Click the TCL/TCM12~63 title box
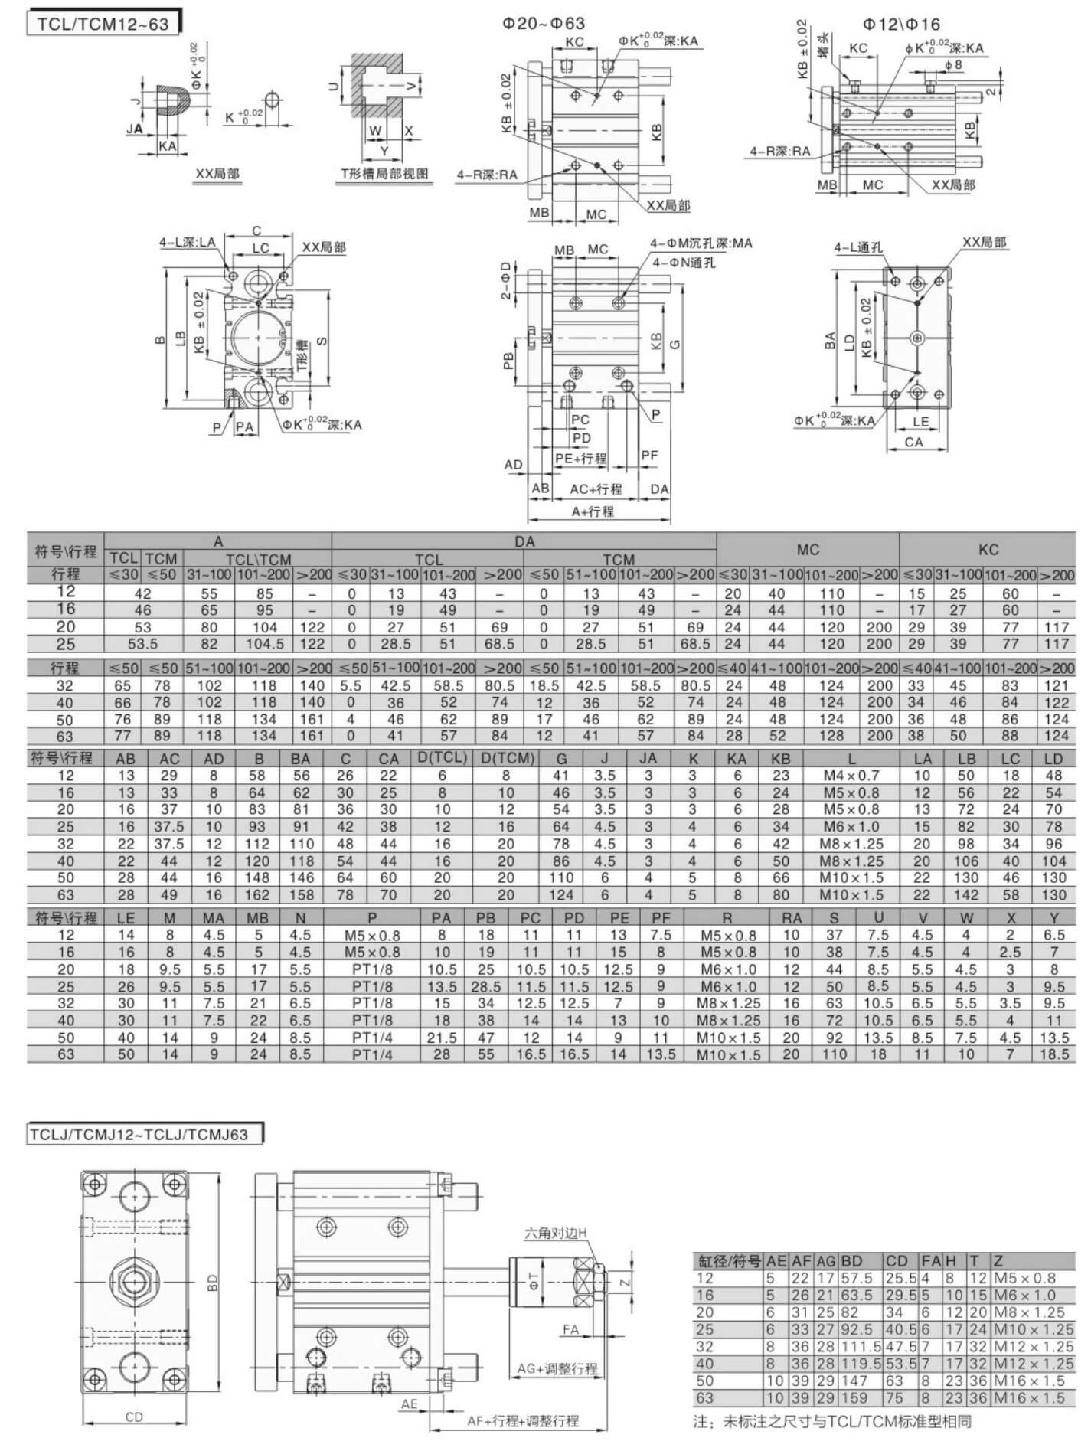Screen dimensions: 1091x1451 click(x=103, y=23)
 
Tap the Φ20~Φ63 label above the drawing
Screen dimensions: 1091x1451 click(x=544, y=24)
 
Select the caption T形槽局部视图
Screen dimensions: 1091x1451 click(x=384, y=174)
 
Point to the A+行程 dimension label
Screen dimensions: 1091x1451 click(x=593, y=511)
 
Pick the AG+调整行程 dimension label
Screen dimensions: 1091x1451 click(x=557, y=1368)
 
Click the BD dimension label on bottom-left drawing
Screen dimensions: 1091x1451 click(x=213, y=1283)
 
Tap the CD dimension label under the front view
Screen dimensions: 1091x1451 click(x=134, y=1417)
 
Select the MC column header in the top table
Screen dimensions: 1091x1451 click(x=808, y=549)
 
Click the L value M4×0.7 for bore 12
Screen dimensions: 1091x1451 click(x=851, y=776)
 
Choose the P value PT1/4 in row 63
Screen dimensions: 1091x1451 click(x=372, y=1054)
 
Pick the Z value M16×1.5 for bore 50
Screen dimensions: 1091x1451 click(x=1034, y=1381)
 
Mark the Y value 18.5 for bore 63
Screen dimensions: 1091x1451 click(x=1054, y=1054)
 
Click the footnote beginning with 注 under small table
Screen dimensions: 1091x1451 click(x=831, y=1422)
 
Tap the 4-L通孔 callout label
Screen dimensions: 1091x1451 click(x=858, y=247)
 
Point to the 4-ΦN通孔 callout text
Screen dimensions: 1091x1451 click(x=684, y=263)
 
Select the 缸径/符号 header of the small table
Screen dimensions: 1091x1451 click(x=727, y=1260)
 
